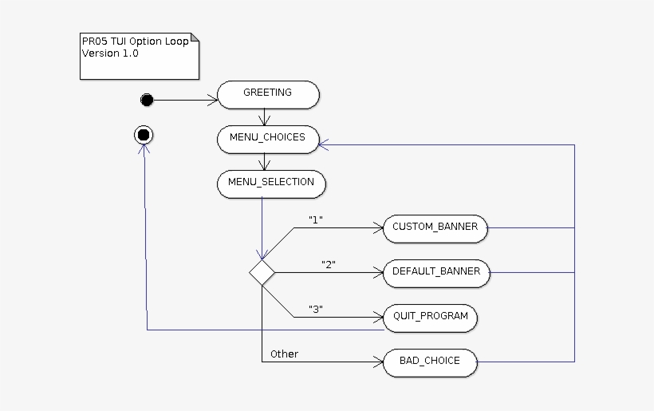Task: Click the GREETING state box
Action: point(268,93)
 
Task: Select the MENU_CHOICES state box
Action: point(268,138)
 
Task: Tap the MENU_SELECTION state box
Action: point(271,183)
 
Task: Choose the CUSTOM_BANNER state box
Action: point(435,227)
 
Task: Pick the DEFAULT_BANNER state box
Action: point(436,272)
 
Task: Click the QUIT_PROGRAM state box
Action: point(431,317)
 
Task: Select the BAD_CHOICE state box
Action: point(431,362)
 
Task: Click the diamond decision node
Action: point(262,272)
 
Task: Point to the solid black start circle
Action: point(146,100)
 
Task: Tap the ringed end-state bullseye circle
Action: point(144,135)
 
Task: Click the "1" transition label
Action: point(314,219)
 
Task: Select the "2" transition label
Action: point(328,264)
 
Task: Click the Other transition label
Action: point(284,354)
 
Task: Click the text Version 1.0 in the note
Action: point(110,53)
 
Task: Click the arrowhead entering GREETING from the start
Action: point(213,100)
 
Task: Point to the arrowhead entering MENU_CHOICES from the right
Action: point(324,144)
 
